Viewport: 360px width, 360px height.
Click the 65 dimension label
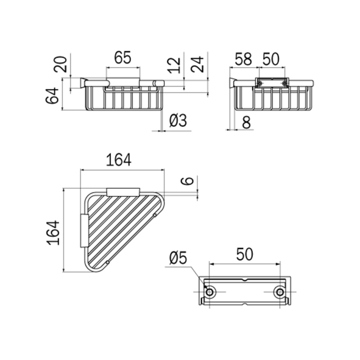[x=122, y=57]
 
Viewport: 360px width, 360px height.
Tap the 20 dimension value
[x=61, y=65]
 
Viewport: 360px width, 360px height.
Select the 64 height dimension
[x=52, y=96]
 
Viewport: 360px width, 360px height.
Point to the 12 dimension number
[x=174, y=65]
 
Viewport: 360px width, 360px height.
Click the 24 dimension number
[x=197, y=65]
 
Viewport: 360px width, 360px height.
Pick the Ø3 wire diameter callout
[x=178, y=121]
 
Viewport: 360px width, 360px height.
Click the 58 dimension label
[x=244, y=59]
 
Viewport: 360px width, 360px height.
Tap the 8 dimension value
[x=246, y=122]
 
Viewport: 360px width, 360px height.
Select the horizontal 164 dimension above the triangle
[x=119, y=160]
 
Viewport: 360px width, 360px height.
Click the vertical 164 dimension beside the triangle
[x=53, y=233]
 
